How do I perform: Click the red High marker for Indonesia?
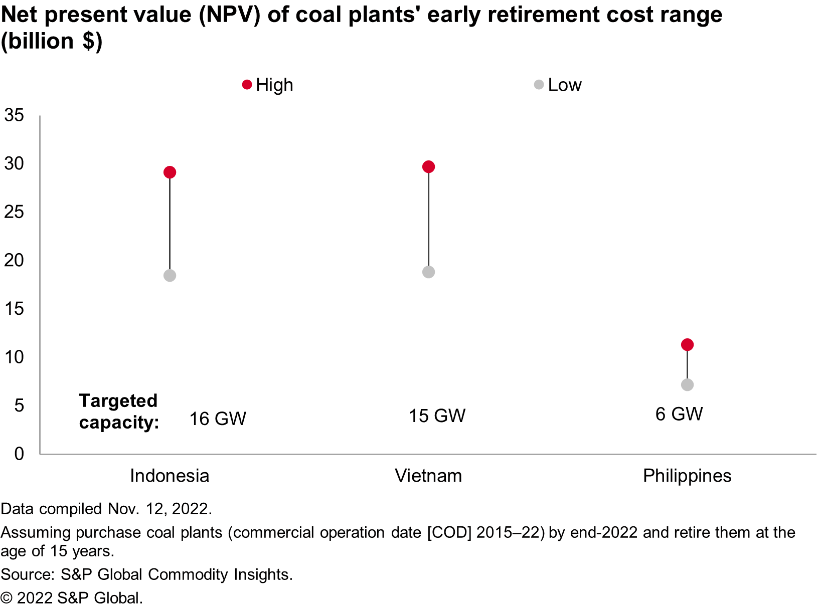[170, 172]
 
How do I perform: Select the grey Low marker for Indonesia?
[170, 276]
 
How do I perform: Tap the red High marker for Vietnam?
[428, 167]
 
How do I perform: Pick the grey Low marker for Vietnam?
[428, 272]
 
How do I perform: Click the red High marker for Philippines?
[687, 345]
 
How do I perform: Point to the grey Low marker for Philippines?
[687, 385]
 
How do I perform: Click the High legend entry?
[268, 85]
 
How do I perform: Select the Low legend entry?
[558, 85]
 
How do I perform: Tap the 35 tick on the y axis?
[14, 115]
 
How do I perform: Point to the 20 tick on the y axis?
[14, 260]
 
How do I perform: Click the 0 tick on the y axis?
[19, 454]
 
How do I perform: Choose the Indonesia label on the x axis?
[170, 476]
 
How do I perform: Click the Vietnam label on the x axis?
[428, 476]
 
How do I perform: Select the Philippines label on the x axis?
[687, 476]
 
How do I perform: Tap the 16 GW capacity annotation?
[218, 419]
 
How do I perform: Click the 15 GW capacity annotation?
[437, 416]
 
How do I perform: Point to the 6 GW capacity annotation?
[679, 414]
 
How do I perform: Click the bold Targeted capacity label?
[119, 412]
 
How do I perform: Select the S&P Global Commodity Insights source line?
[146, 574]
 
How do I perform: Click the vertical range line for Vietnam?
[428, 220]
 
